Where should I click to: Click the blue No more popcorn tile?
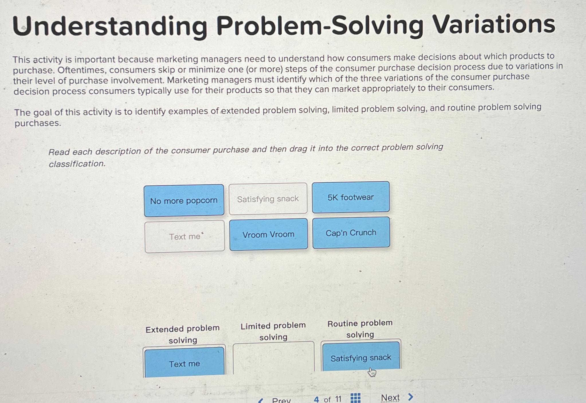(x=184, y=200)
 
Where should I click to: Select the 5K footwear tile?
(x=350, y=197)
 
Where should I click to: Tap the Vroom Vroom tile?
(x=268, y=234)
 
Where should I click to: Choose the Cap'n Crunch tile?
(x=351, y=233)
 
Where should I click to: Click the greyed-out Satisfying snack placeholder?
(x=268, y=199)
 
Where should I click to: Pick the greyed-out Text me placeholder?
(x=185, y=237)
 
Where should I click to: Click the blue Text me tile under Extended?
(x=184, y=363)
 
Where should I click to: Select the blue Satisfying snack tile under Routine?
(x=360, y=357)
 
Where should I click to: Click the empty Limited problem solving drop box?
(x=273, y=358)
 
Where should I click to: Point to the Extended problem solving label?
(x=183, y=334)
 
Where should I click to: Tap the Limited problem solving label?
(x=273, y=331)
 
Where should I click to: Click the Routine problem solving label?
(x=360, y=329)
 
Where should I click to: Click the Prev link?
(x=281, y=400)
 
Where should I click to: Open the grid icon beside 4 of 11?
(x=355, y=398)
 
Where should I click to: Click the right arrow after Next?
(x=411, y=397)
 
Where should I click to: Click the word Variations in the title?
(x=493, y=25)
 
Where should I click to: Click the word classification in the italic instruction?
(x=77, y=164)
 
